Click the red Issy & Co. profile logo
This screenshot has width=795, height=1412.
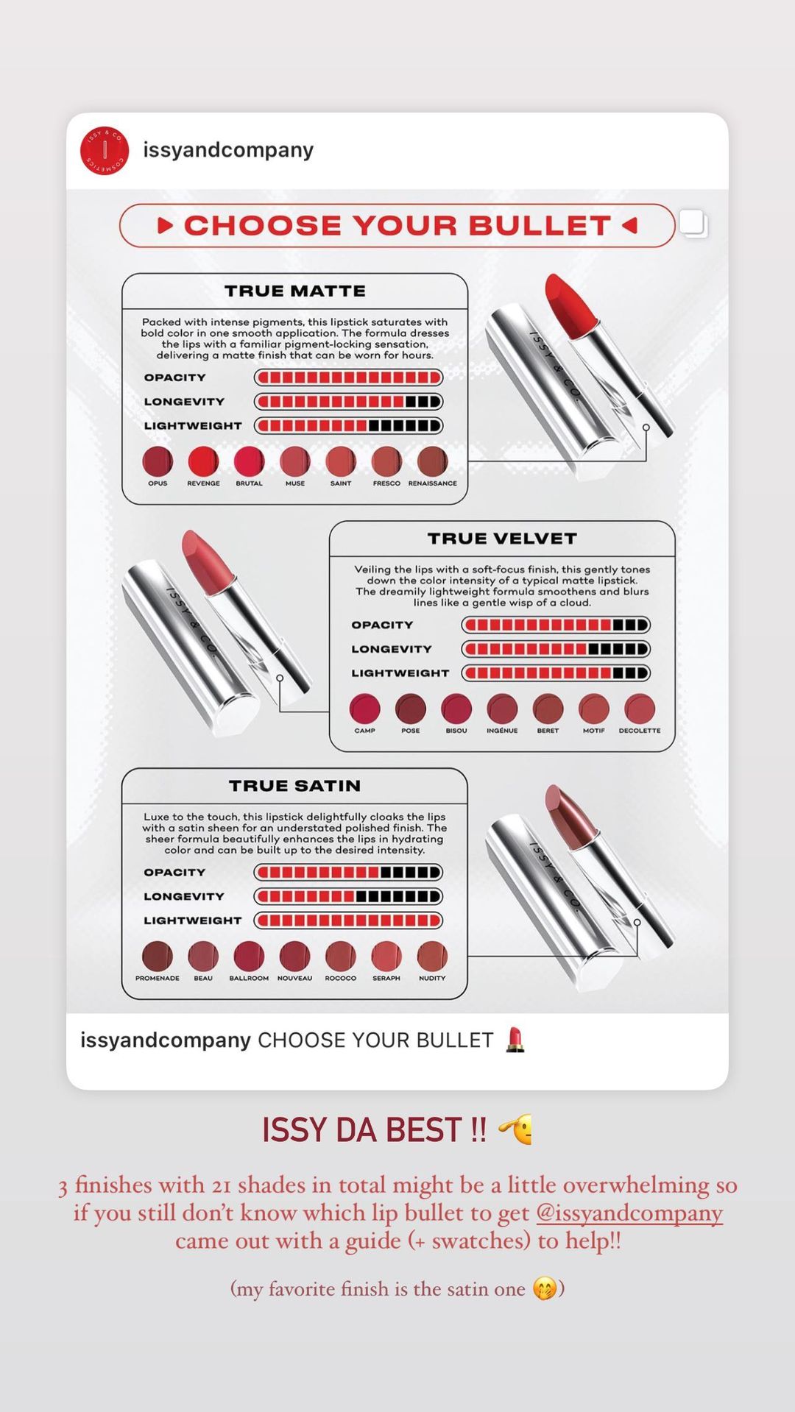coord(105,150)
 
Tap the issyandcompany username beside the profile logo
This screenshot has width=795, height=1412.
coord(228,150)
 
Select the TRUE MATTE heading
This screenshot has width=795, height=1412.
coord(295,291)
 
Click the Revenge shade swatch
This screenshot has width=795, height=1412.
coord(203,461)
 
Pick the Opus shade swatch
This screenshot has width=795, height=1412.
coord(158,461)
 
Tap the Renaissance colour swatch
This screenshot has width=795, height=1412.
coord(432,461)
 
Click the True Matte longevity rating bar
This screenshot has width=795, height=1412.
coord(348,402)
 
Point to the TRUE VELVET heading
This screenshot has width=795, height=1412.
coord(502,539)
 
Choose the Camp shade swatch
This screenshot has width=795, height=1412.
coord(365,709)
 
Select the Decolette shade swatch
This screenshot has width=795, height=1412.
coord(640,709)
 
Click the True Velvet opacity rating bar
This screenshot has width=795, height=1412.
coord(556,625)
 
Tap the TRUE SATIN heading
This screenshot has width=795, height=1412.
coord(295,786)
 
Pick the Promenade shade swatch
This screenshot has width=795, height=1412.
coord(158,956)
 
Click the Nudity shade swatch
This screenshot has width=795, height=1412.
coord(432,956)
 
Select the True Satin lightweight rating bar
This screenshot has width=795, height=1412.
coord(348,920)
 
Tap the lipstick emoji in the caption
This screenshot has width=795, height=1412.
coord(515,1040)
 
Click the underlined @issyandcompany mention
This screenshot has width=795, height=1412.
coord(629,1213)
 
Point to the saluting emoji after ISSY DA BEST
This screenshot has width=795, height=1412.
coord(516,1129)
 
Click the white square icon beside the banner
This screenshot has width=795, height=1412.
coord(693,223)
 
